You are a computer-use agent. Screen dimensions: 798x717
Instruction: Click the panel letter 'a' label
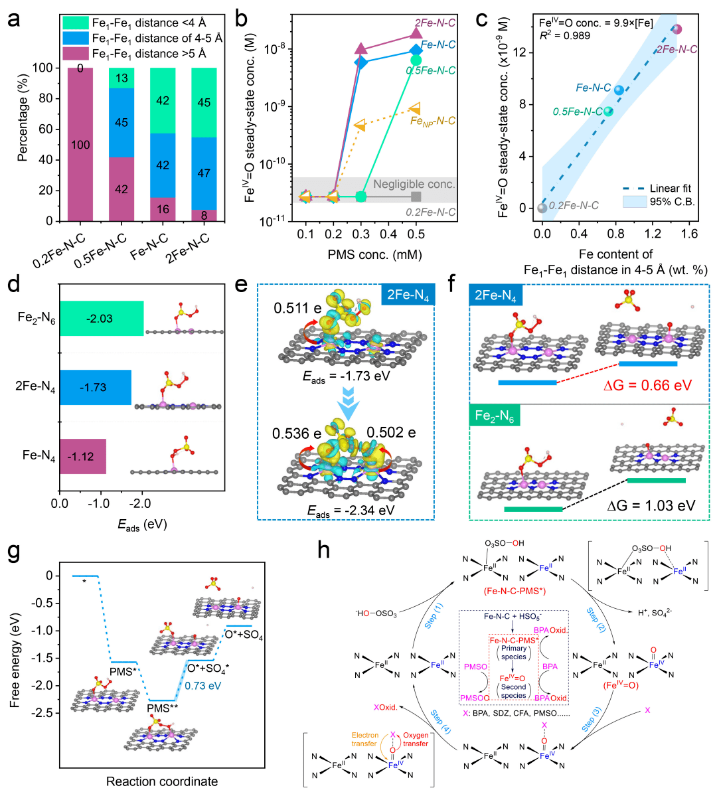(14, 19)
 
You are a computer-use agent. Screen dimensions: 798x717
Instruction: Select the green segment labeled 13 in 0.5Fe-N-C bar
(121, 78)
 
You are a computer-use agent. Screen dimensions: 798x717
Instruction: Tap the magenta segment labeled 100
(80, 144)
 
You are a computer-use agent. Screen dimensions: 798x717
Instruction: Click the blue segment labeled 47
(204, 173)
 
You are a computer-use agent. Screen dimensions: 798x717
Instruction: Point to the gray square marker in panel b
(416, 197)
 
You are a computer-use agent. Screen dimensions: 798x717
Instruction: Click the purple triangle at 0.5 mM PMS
(416, 33)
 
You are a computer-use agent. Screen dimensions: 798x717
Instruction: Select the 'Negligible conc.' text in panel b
(414, 184)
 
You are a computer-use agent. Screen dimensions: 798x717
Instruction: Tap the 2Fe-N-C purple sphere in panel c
(677, 29)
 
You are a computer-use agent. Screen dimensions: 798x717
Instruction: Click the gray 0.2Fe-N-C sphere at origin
(542, 208)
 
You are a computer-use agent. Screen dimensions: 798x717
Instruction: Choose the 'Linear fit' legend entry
(671, 189)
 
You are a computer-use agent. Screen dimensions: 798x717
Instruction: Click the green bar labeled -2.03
(102, 319)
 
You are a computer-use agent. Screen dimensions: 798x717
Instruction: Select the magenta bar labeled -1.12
(83, 457)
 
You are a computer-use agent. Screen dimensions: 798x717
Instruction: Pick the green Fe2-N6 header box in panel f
(495, 416)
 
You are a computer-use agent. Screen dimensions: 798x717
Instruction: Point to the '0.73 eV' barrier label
(203, 686)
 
